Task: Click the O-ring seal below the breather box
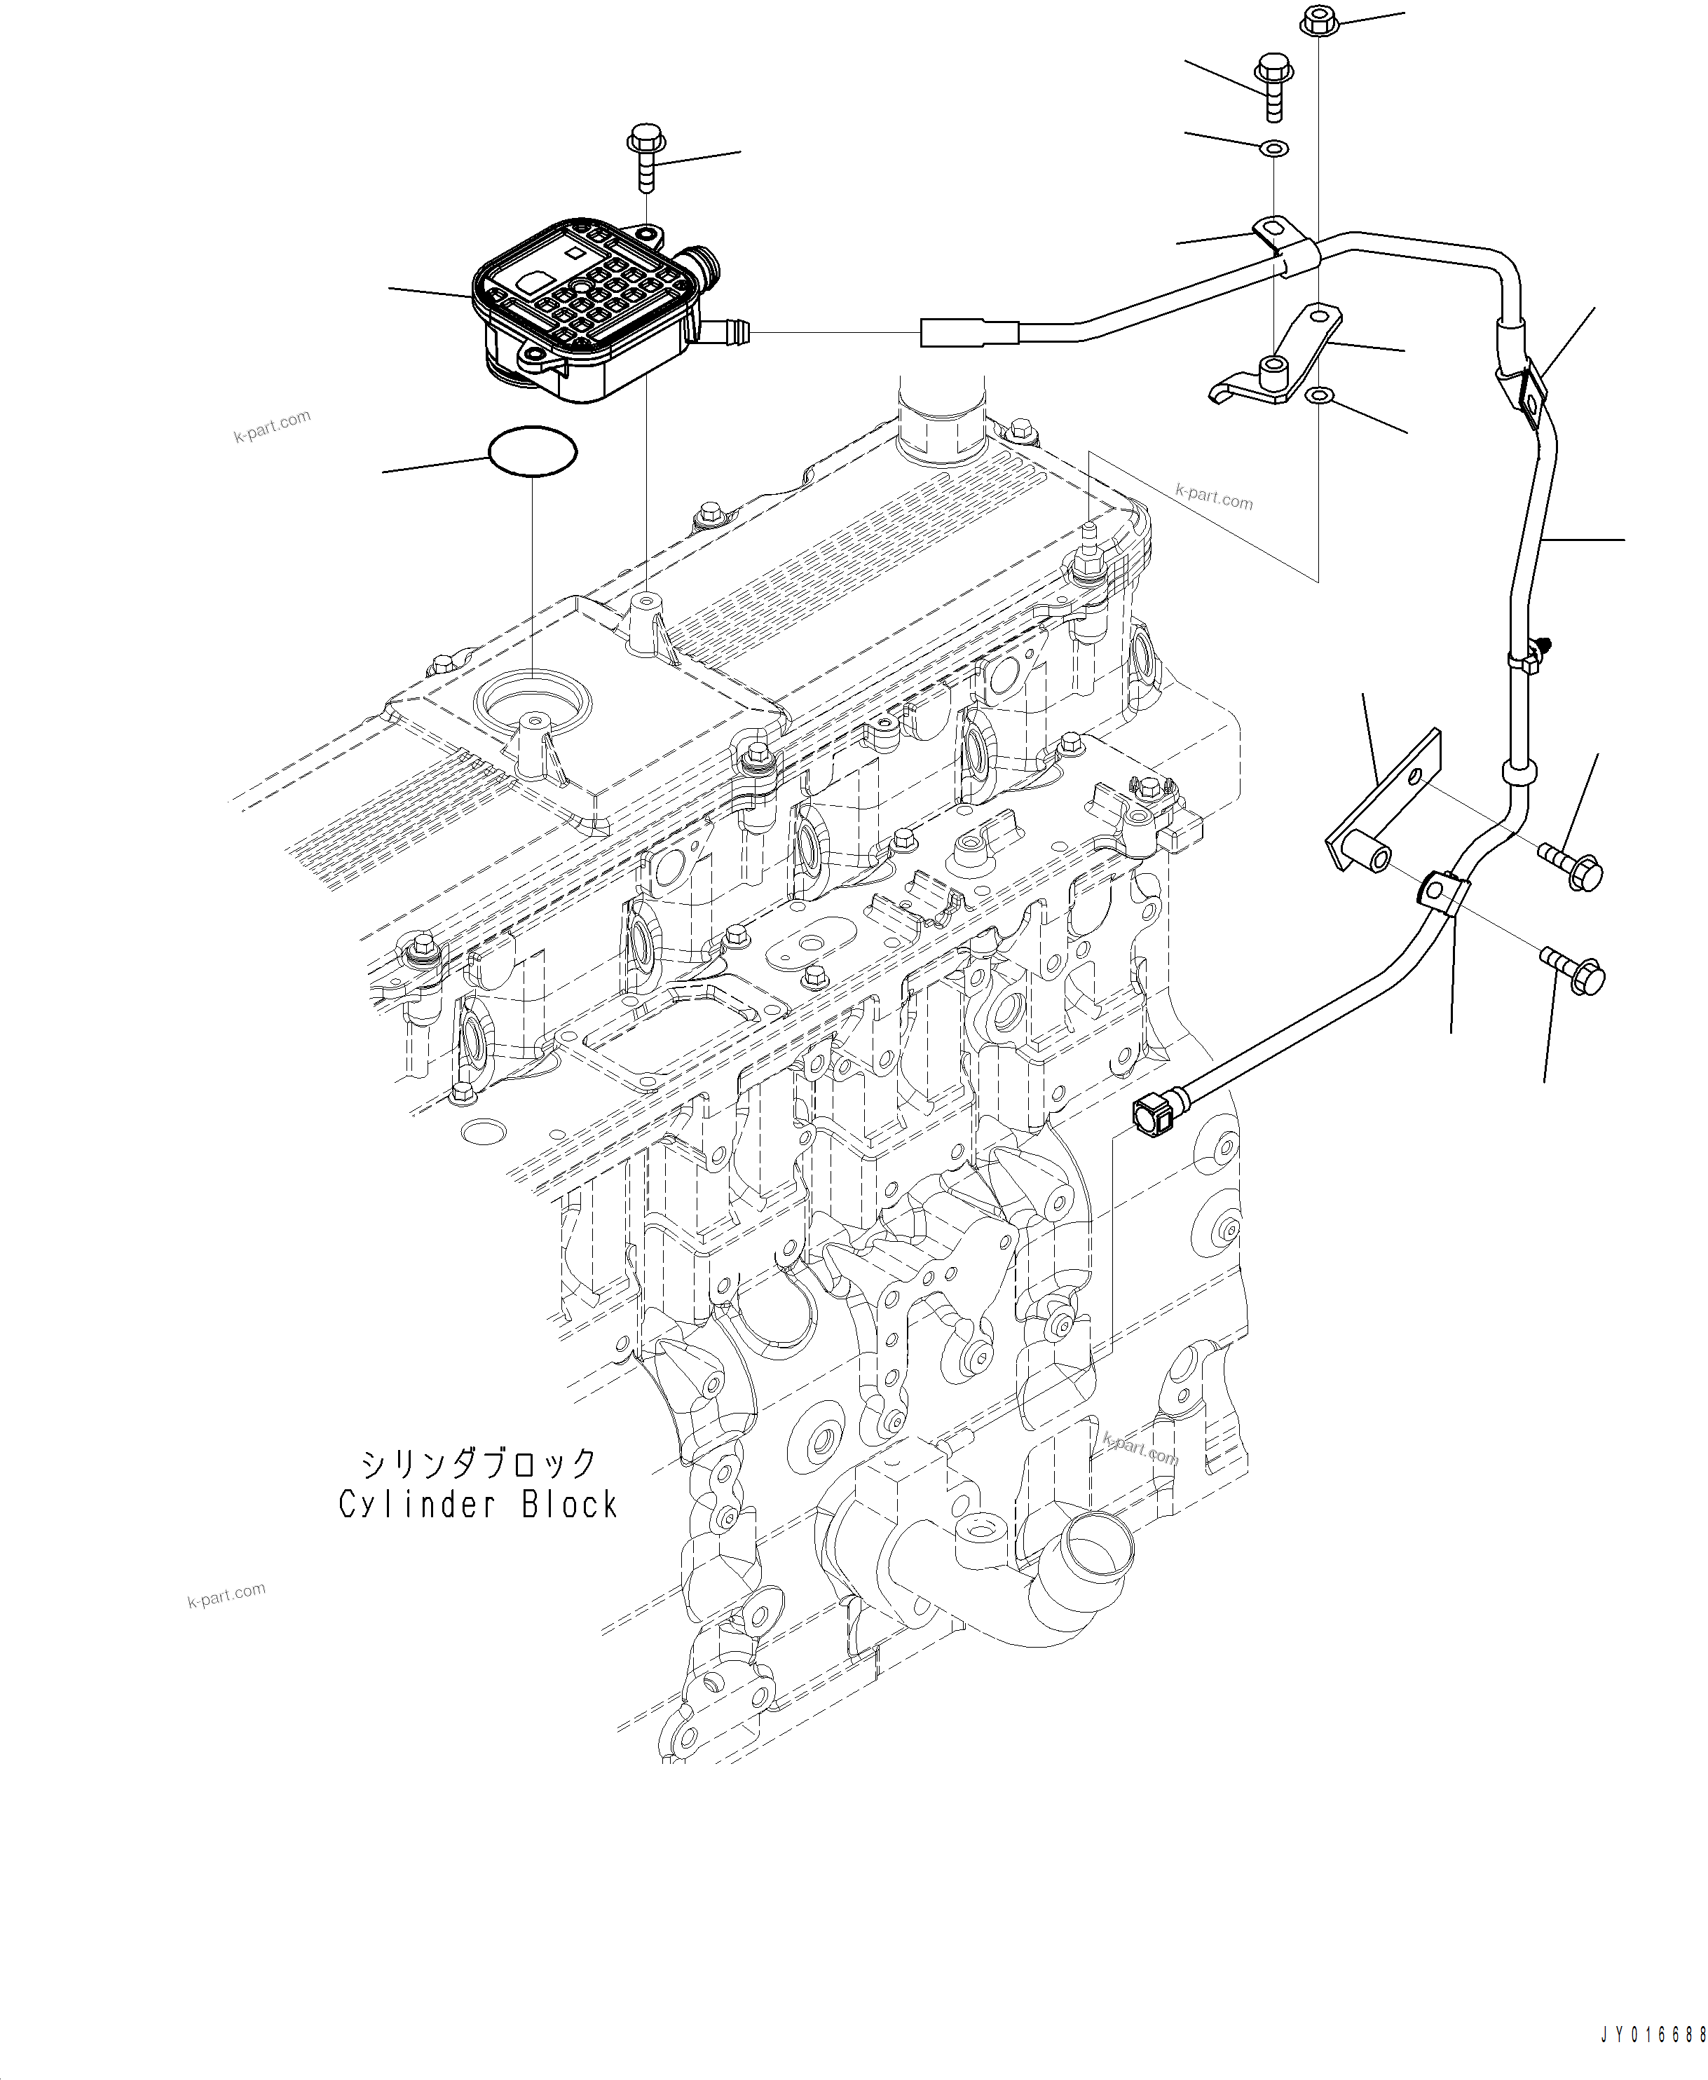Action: (x=532, y=451)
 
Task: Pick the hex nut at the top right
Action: (x=1319, y=22)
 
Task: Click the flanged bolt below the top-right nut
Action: (x=1272, y=87)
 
